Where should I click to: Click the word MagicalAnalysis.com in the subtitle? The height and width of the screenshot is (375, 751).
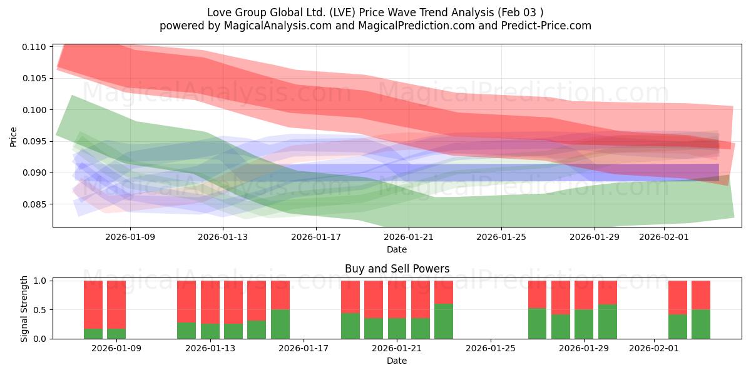pos(258,26)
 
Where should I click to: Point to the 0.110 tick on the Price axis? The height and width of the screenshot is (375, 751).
pos(36,47)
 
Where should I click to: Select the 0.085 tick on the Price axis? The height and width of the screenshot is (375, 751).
pos(36,204)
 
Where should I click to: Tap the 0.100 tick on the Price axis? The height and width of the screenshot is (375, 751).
pos(36,110)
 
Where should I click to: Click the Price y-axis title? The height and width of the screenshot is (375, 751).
pos(14,136)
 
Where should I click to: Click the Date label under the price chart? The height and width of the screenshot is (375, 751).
pos(396,249)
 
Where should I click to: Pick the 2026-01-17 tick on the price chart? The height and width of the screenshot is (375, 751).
pos(315,237)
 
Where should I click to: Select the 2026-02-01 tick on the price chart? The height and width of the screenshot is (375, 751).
pos(663,237)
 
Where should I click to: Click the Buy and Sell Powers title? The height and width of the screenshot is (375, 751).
pos(397,269)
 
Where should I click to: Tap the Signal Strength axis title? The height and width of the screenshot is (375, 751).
pos(24,309)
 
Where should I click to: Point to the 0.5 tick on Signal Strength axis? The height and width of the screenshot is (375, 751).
pos(39,310)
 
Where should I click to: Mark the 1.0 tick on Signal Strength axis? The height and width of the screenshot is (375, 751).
pos(39,281)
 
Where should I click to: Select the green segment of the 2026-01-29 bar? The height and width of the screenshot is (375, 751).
pos(584,324)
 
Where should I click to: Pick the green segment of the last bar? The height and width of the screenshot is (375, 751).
pos(701,324)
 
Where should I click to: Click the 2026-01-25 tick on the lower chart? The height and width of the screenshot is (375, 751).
pos(491,349)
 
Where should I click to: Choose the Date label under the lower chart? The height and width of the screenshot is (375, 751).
pos(396,361)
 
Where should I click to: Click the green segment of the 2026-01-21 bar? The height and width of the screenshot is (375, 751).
pos(397,329)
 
